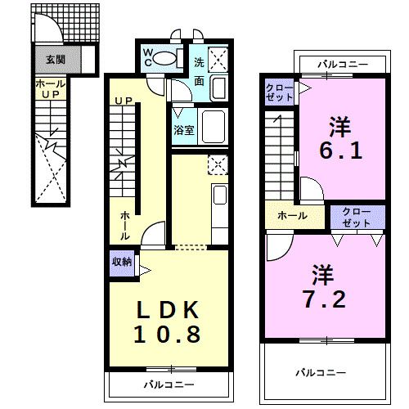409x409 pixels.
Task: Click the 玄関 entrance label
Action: point(56,59)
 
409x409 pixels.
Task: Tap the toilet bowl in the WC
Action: point(166,58)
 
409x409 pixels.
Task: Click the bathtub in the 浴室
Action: point(214,128)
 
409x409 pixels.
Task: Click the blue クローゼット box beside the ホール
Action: point(357,215)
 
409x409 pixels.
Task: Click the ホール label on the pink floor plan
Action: point(291,216)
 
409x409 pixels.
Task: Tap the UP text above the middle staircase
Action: point(124,101)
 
